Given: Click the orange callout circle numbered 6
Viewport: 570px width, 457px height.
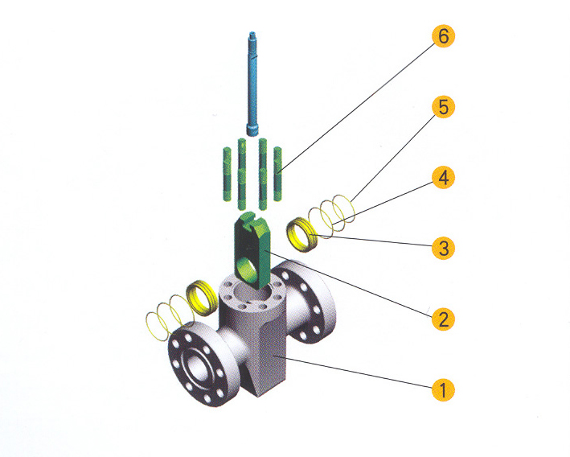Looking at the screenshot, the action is tap(443, 36).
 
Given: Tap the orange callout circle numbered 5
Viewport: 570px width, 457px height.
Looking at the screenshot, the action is tap(443, 107).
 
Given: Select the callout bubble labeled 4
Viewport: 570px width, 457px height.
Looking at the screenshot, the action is tap(443, 178).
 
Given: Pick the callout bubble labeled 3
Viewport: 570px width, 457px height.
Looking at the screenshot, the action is tap(443, 248).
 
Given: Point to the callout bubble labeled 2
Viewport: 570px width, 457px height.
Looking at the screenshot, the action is tap(443, 319).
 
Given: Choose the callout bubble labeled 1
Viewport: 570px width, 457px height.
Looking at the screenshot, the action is tap(443, 389).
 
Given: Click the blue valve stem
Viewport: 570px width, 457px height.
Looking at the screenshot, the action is tap(252, 84).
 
